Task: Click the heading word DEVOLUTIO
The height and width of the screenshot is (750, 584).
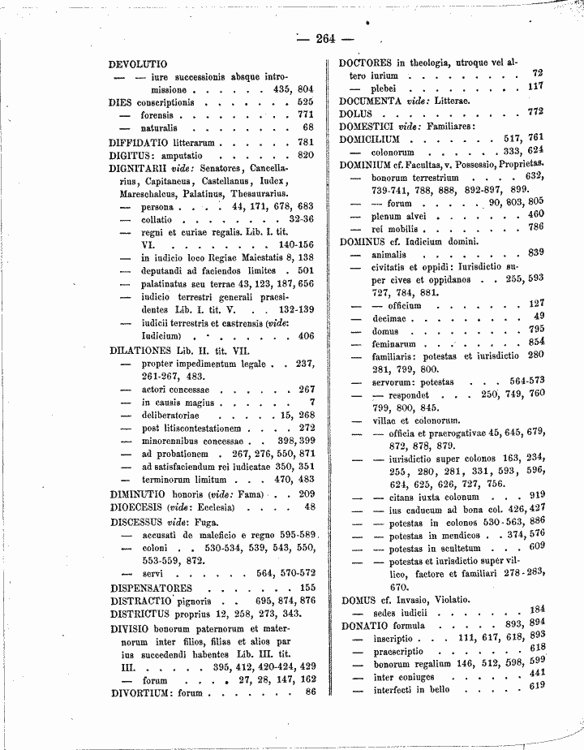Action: click(138, 63)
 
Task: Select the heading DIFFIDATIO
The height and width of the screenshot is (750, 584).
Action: click(140, 141)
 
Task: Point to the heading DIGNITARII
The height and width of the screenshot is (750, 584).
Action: click(140, 168)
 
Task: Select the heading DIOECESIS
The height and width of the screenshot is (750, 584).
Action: click(138, 506)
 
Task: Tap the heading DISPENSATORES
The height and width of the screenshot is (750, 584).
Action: click(151, 587)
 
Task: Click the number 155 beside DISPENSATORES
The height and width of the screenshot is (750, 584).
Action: click(307, 587)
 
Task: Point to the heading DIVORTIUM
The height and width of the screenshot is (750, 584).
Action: click(141, 692)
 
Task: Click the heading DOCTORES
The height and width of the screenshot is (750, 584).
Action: click(366, 62)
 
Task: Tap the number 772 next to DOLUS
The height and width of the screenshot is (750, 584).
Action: click(535, 112)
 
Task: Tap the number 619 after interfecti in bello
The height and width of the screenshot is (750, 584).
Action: click(535, 686)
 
